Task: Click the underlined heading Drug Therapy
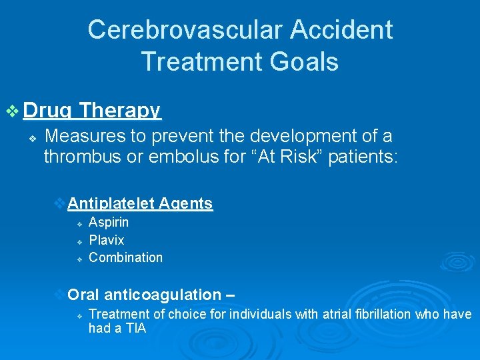91,111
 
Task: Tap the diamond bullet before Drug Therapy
13,111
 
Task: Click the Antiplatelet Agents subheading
140,204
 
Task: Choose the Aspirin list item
109,222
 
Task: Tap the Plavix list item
106,240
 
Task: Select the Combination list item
125,257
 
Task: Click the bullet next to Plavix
79,241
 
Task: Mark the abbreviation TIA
133,329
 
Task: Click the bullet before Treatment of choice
79,315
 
